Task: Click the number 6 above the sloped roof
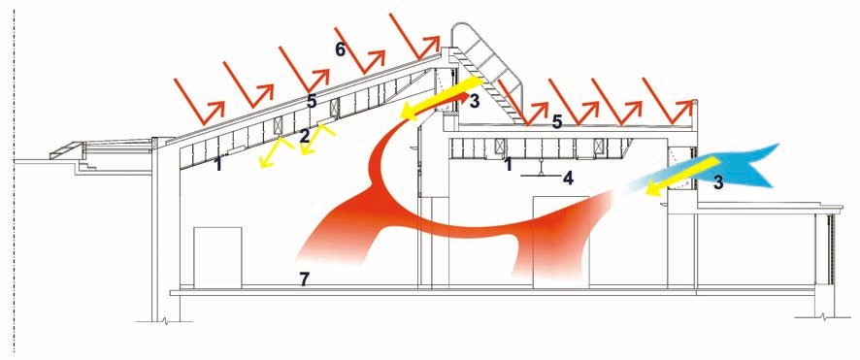(x=341, y=49)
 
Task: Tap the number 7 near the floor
(x=305, y=278)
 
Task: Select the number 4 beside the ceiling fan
(x=568, y=179)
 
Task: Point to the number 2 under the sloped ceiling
(x=305, y=137)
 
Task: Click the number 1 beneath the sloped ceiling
(x=218, y=164)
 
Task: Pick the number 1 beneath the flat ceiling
(x=509, y=164)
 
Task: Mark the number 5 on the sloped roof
(x=313, y=102)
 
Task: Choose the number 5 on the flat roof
(x=557, y=121)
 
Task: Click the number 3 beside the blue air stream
(x=718, y=183)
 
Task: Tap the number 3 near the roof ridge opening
(x=474, y=101)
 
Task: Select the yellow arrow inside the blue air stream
(x=681, y=176)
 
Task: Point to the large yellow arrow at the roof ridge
(x=441, y=99)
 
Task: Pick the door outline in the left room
(x=217, y=256)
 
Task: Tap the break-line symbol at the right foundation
(x=820, y=316)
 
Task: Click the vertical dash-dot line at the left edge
(x=14, y=180)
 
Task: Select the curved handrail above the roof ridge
(x=489, y=59)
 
